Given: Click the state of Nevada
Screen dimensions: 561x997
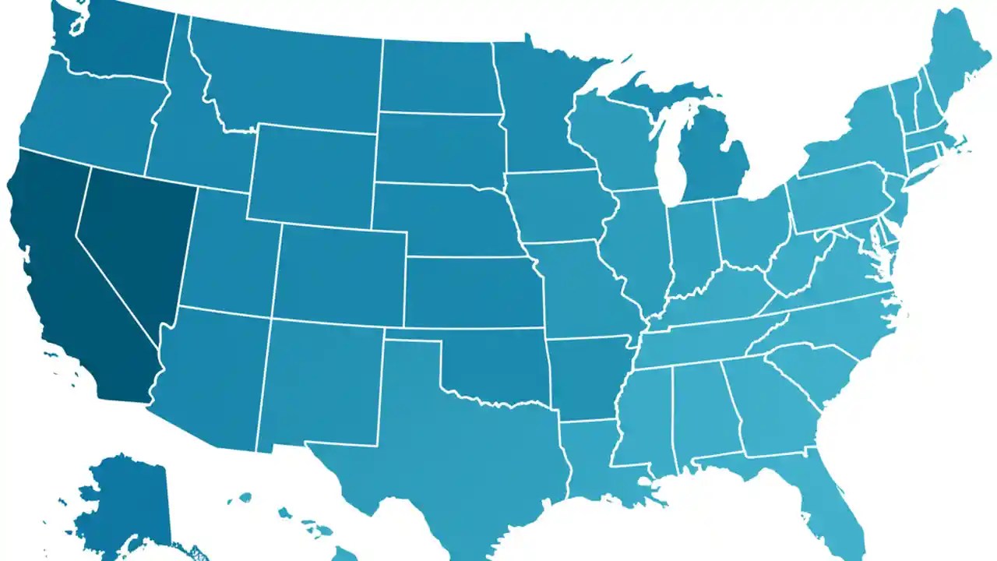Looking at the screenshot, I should coord(132,234).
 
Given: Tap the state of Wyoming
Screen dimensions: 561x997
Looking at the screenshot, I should coord(312,175).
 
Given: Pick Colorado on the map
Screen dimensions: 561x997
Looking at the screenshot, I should coord(339,273).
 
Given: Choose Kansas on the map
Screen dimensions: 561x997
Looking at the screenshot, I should coord(471,292).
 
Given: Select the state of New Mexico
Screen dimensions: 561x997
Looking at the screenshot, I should coord(319,382).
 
